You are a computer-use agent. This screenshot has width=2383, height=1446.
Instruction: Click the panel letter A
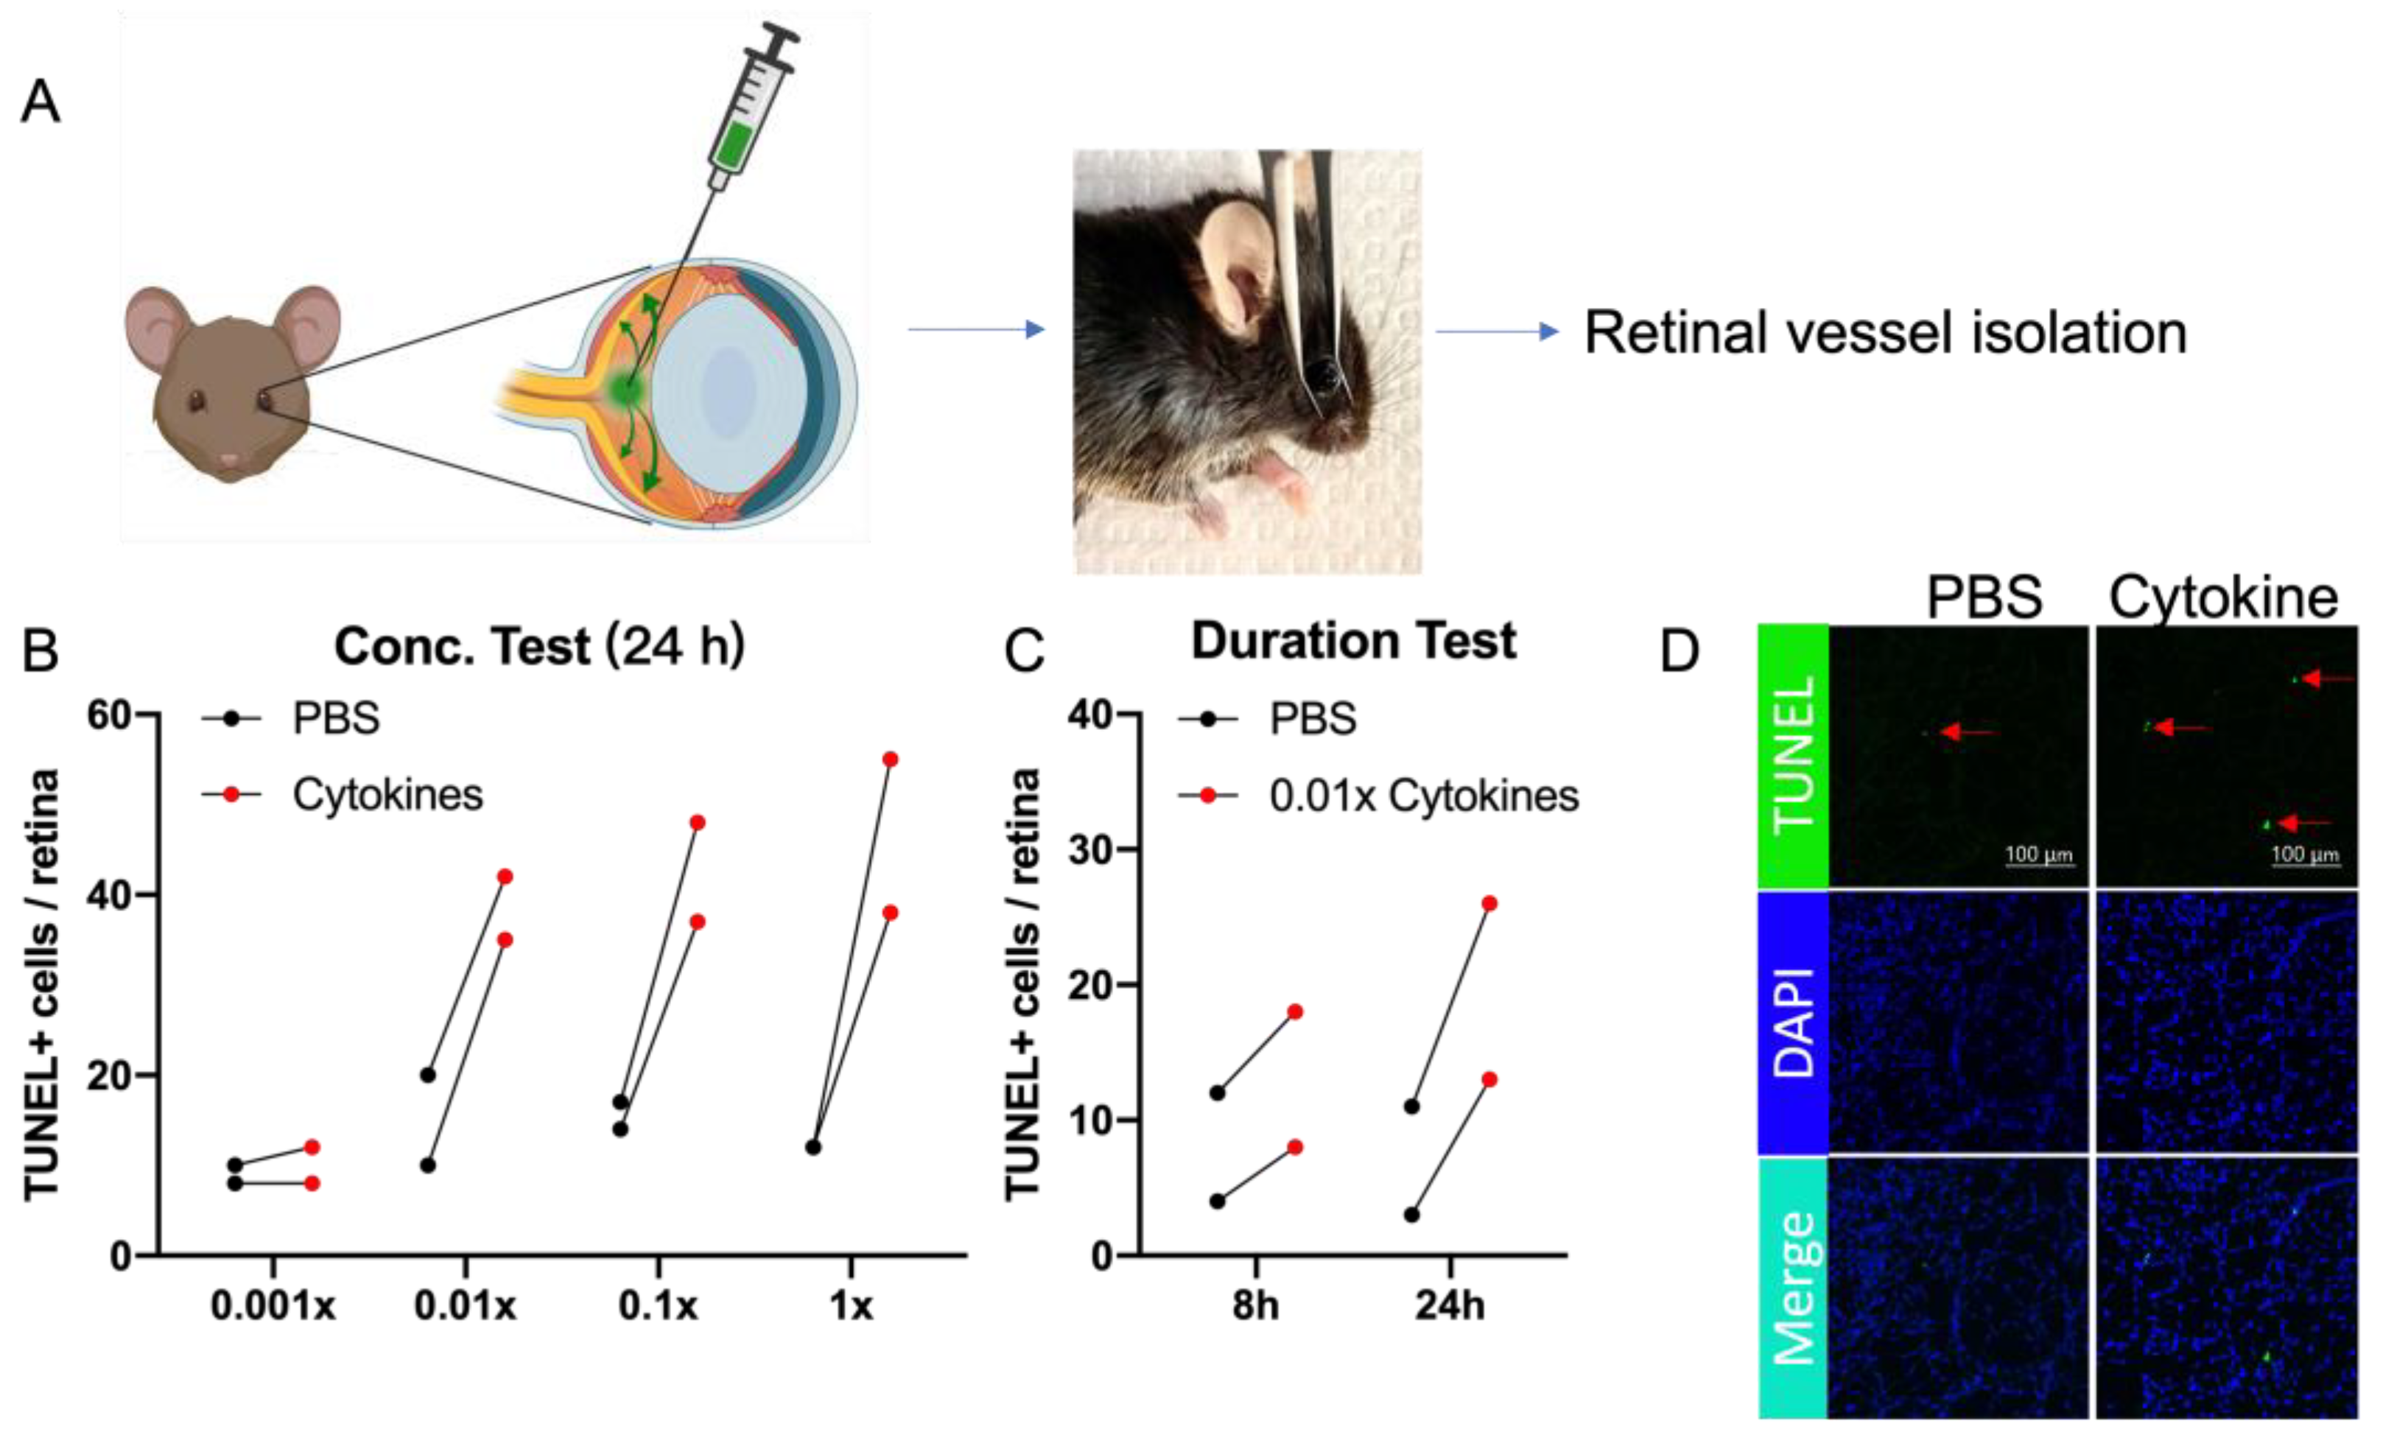[41, 102]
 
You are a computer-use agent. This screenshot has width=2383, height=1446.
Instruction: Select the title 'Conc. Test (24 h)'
[538, 646]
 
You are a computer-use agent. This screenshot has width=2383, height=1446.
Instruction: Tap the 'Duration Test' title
[1353, 640]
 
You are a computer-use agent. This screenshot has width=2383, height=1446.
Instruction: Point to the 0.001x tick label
[273, 1307]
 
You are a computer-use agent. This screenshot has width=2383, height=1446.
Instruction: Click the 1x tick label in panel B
[851, 1307]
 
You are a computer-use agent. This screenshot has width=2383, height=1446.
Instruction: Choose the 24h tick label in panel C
[1450, 1307]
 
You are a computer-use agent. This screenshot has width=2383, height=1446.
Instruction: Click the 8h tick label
[1255, 1307]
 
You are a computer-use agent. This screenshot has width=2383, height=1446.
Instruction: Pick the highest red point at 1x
[890, 759]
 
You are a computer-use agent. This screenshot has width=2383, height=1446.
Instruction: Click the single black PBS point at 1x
[813, 1147]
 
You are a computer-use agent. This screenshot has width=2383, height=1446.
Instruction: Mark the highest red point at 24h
[1489, 903]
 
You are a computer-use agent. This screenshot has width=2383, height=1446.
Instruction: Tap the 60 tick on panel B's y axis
[108, 716]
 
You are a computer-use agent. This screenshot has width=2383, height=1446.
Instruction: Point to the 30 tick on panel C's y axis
[1091, 849]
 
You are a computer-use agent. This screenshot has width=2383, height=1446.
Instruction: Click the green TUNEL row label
[1793, 755]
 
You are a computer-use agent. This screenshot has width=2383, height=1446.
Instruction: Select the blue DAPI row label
[1793, 1022]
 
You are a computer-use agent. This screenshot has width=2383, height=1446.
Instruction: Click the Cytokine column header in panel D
[2223, 597]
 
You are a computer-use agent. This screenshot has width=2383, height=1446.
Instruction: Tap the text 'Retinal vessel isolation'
[1885, 333]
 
